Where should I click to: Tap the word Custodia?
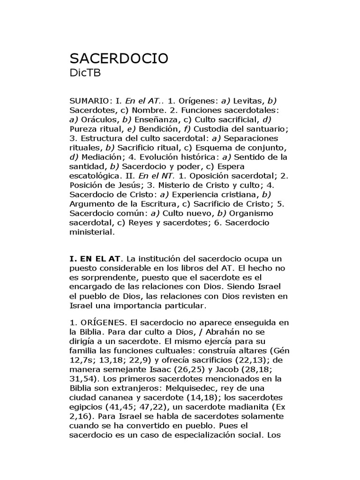pos(215,129)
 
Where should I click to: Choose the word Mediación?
pos(101,157)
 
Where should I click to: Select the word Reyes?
pos(140,223)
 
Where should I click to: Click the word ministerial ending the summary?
pos(91,232)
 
